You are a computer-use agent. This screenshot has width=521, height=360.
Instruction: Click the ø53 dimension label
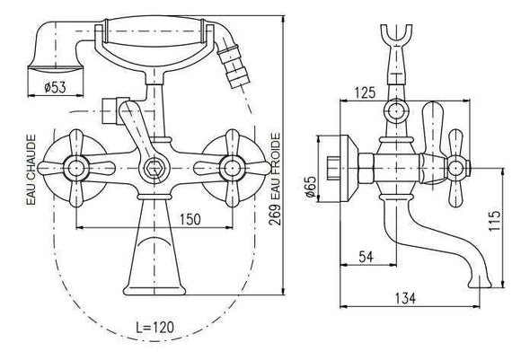point(55,87)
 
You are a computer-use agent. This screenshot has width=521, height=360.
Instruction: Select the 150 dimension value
point(190,219)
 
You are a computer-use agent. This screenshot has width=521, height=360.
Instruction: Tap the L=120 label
point(155,327)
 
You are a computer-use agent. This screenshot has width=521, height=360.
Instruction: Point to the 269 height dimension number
point(275,215)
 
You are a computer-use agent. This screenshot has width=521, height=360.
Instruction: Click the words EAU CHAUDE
point(31,170)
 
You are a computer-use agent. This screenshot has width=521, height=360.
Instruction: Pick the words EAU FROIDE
point(276,166)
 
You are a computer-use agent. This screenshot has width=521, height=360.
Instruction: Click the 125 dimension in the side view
point(366,92)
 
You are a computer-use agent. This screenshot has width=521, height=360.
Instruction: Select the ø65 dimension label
point(311,187)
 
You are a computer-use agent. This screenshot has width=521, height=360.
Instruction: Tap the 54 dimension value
point(366,257)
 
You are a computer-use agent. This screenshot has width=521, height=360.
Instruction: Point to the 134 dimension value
point(405,298)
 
